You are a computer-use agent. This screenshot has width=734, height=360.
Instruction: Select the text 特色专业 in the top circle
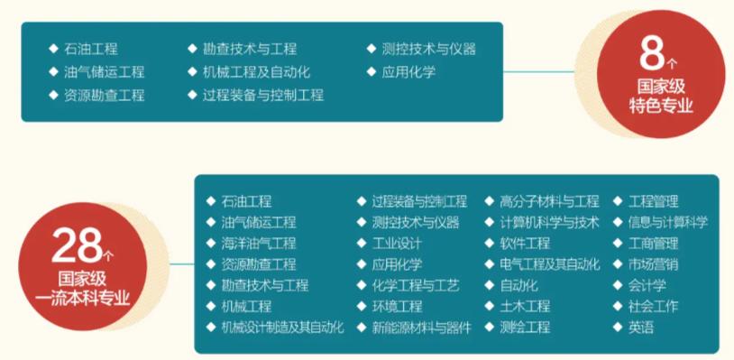pyautogui.click(x=661, y=106)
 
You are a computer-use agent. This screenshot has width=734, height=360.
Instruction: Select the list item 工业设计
pyautogui.click(x=398, y=243)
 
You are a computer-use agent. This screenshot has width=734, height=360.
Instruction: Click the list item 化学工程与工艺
pyautogui.click(x=416, y=285)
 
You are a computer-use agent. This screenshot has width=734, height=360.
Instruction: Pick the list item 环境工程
pyautogui.click(x=398, y=306)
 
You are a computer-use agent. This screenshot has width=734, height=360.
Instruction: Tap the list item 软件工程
pyautogui.click(x=524, y=243)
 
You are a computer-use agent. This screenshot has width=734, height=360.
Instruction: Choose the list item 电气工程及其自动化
pyautogui.click(x=548, y=264)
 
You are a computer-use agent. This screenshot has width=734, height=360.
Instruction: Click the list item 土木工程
pyautogui.click(x=524, y=306)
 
